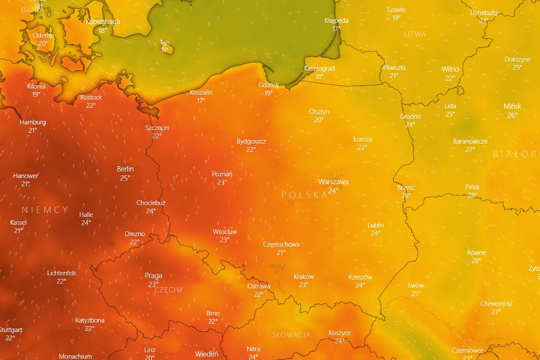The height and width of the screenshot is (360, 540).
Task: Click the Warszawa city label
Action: pos(333,182)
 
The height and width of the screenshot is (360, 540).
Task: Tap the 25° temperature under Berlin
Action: pos(125,178)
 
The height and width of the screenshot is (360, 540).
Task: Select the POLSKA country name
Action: pos(304,195)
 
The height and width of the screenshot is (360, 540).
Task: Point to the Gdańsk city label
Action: pos(269,85)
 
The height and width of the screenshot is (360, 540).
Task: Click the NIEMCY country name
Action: pos(45,210)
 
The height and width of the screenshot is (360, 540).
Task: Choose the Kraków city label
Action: pos(304,277)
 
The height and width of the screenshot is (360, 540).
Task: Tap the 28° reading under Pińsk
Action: pos(472,195)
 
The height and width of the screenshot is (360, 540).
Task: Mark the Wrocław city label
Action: pos(225,232)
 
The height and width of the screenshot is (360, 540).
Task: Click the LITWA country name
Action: pos(415,34)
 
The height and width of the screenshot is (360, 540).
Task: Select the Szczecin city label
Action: pos(157,128)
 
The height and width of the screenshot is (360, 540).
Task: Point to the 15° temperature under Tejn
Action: pos(165,50)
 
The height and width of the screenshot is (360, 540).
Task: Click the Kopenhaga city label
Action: pos(103,22)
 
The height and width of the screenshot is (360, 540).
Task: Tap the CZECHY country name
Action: pos(169,290)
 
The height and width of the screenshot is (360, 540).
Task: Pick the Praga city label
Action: pos(153,276)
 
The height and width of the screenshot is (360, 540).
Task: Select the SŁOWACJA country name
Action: pos(292,335)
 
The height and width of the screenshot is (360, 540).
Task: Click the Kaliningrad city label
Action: pos(319,69)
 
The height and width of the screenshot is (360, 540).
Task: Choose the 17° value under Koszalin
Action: pos(201,100)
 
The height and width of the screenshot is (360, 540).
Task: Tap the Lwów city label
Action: pos(416,285)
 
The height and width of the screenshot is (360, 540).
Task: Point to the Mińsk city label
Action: pos(512,106)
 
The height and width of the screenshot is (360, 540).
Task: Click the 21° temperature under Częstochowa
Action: pos(281,252)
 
